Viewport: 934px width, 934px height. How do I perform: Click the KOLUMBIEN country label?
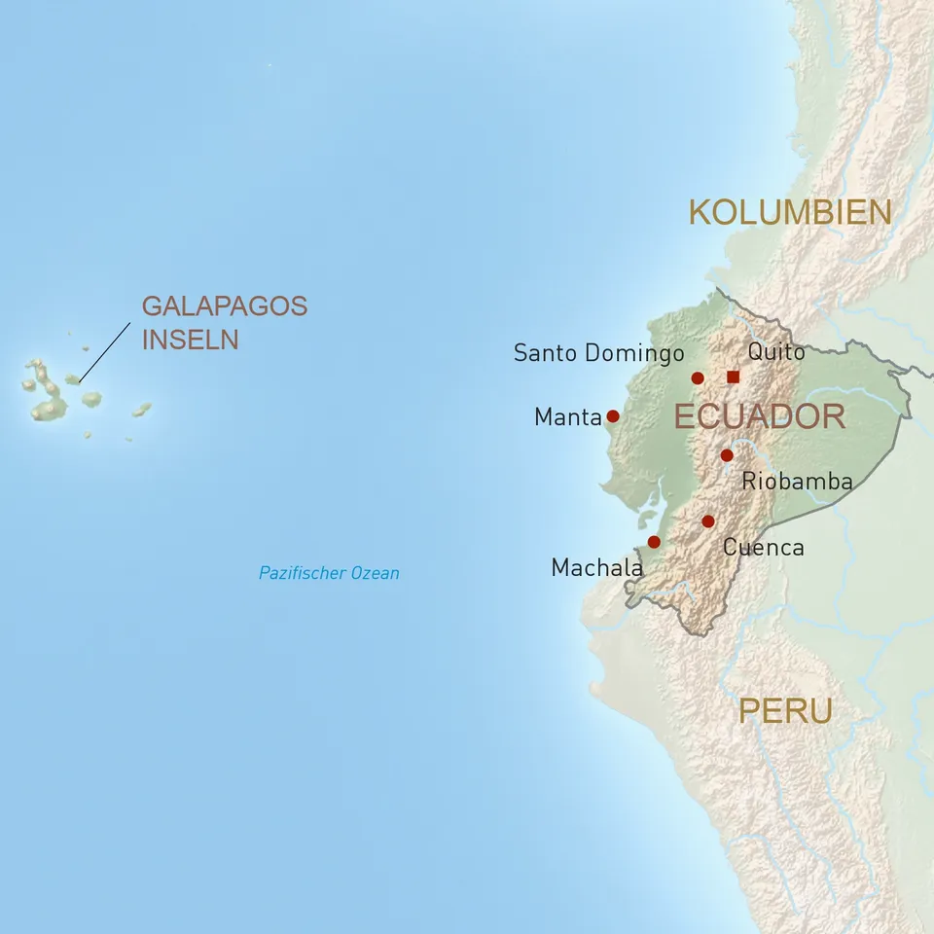tap(790, 212)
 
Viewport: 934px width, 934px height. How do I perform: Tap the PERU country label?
tap(785, 710)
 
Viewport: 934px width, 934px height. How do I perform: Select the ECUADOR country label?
tap(759, 417)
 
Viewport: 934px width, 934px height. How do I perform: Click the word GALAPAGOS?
tap(225, 306)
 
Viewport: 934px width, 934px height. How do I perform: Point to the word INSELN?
tap(190, 340)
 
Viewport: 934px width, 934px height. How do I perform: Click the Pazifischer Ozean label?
tap(329, 573)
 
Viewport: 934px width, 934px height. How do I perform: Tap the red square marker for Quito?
tap(733, 377)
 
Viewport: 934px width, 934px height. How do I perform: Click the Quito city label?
tap(776, 351)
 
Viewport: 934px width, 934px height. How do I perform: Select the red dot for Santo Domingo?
tap(698, 378)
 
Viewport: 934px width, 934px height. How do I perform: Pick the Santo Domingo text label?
tap(598, 353)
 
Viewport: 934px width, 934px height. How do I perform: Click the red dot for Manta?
tap(613, 415)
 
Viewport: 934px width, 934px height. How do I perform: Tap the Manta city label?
tap(568, 417)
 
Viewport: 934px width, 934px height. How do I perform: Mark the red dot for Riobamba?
tap(727, 455)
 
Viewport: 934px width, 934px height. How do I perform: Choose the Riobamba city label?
tap(797, 481)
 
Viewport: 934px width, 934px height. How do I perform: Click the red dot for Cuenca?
tap(708, 521)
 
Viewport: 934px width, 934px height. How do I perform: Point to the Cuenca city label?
tap(763, 548)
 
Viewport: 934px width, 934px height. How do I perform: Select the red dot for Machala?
tap(654, 542)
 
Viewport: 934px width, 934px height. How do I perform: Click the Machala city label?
tap(596, 567)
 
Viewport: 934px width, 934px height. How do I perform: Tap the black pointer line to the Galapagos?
tap(104, 351)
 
